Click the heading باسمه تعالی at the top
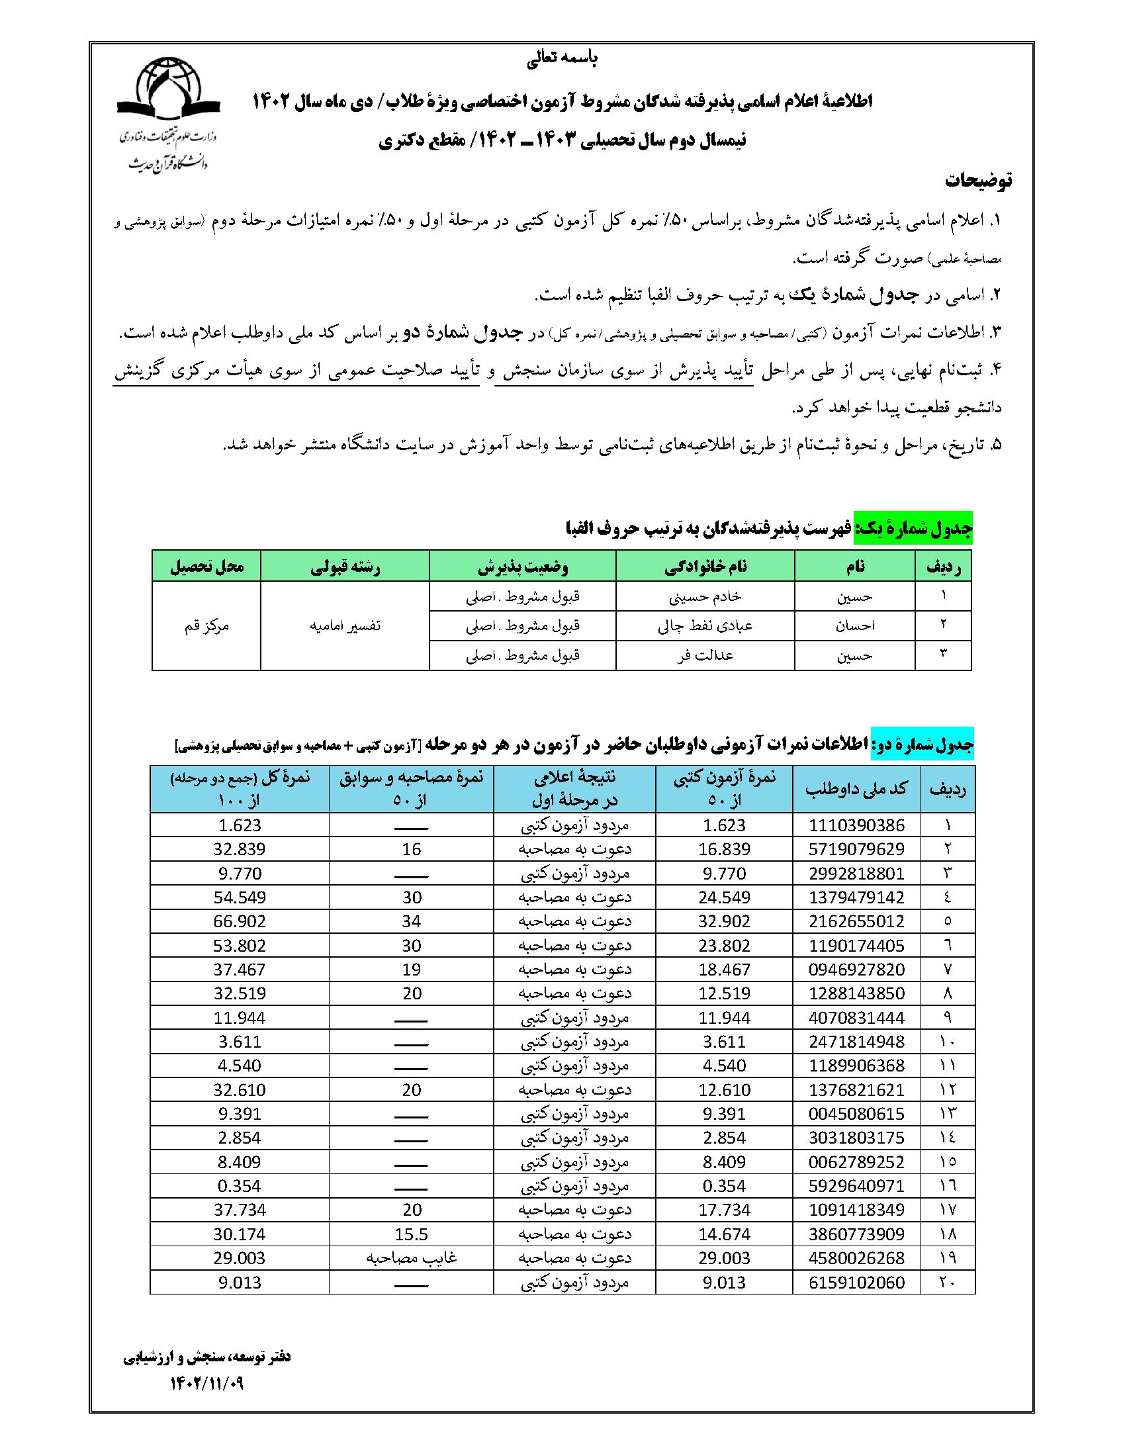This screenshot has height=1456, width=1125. tap(562, 59)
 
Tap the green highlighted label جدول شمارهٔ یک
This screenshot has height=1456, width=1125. tap(914, 529)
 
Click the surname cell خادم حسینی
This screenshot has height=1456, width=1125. tap(705, 597)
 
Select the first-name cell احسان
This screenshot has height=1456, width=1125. tap(855, 626)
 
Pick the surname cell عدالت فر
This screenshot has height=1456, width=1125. tap(705, 655)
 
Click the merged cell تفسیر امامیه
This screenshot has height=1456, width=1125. tap(345, 626)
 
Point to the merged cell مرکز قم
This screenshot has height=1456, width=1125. tap(206, 626)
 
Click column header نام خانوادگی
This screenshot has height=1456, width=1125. tap(705, 566)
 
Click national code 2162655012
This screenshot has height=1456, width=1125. tap(856, 921)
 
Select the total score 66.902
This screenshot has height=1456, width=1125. tap(240, 921)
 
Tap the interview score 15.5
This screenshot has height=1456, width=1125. tap(411, 1234)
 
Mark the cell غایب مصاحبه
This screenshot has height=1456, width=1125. tap(411, 1258)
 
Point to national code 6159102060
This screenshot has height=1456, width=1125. tap(856, 1282)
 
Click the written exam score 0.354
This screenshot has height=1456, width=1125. tap(724, 1186)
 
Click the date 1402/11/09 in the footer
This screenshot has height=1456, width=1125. tap(207, 1384)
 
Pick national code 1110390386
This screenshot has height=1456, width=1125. tap(856, 825)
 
